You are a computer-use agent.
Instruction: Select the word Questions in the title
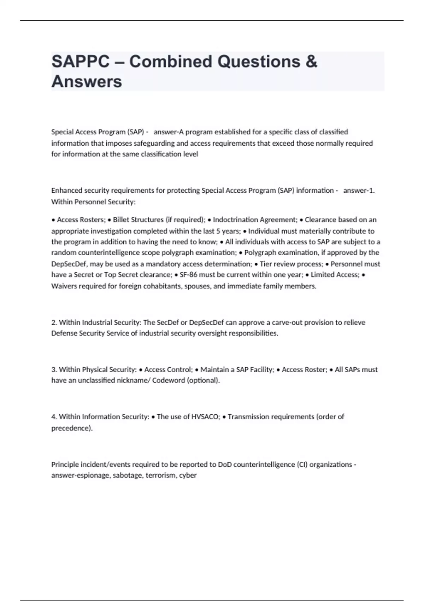coord(258,62)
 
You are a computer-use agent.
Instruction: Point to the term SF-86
coord(188,275)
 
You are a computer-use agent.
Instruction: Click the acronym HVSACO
coord(205,417)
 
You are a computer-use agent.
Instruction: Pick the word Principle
coord(65,465)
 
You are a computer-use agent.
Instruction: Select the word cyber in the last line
coord(188,475)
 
